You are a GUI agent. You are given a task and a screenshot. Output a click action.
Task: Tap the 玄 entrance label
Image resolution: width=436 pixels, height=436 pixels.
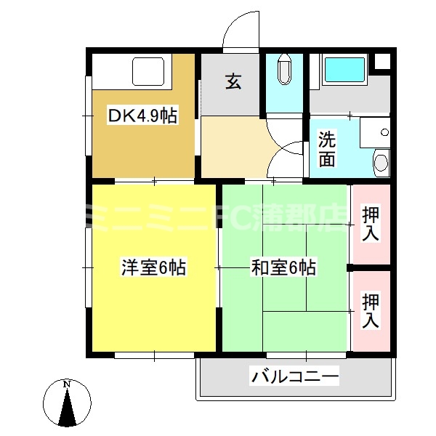pyautogui.click(x=233, y=82)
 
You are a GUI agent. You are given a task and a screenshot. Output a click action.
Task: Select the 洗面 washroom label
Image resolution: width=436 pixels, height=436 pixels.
pyautogui.click(x=328, y=148)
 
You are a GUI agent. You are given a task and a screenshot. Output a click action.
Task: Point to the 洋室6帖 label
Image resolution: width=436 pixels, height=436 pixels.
pyautogui.click(x=153, y=268)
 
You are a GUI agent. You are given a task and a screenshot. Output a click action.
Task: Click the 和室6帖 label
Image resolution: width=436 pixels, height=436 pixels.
pyautogui.click(x=283, y=268)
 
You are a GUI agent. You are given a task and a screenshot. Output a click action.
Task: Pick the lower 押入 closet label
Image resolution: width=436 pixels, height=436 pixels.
pyautogui.click(x=371, y=310)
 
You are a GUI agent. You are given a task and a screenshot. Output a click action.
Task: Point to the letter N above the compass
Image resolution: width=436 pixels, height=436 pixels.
pyautogui.click(x=67, y=384)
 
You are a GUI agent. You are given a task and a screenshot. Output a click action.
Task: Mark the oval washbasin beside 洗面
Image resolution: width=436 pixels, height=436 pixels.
pyautogui.click(x=380, y=161)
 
